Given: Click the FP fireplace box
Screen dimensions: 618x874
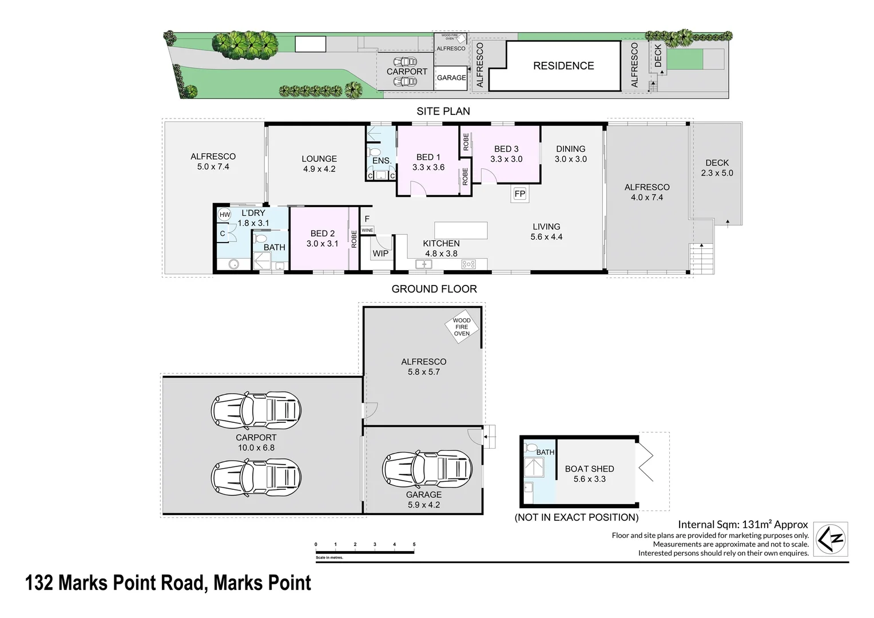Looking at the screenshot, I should tap(519, 194).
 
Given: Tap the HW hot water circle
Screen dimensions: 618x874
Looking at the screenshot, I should tap(225, 215).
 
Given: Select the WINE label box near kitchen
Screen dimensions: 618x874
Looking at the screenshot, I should tap(367, 230).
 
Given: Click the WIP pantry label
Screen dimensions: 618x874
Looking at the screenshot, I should tap(380, 253).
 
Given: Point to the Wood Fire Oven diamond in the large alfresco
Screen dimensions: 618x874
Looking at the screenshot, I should tap(462, 327).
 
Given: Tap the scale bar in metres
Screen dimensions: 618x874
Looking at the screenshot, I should tap(365, 552).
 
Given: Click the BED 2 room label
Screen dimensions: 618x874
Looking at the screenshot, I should tap(323, 238).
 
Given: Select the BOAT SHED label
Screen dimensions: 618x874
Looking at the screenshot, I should tap(589, 474).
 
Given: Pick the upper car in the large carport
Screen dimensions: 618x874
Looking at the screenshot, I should tap(256, 409).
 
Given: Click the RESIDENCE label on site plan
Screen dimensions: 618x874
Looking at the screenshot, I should tap(563, 66).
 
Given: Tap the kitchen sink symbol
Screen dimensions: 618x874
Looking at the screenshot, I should tap(424, 264).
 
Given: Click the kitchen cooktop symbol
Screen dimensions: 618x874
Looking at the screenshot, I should tap(468, 264).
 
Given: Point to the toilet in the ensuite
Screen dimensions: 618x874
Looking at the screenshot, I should tap(375, 152).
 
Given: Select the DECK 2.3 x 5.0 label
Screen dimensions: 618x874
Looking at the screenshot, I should tap(717, 168).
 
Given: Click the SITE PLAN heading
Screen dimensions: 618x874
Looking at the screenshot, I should tap(443, 111).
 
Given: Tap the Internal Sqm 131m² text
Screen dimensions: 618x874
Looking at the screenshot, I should tap(742, 524).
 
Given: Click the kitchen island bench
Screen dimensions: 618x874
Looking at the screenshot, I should tap(461, 230).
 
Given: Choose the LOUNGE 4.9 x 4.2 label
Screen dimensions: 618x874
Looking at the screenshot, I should tap(319, 164).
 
